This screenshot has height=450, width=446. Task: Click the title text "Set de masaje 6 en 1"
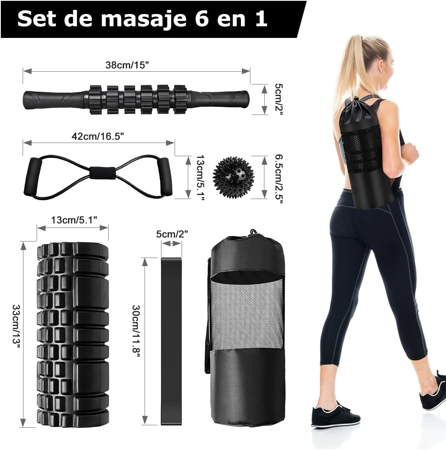[x=142, y=19]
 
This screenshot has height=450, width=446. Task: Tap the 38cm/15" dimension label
[x=127, y=65]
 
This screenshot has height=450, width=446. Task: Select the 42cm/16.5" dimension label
[x=98, y=136]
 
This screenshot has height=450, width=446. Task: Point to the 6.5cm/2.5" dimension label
[x=279, y=179]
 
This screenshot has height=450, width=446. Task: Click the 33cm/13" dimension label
[x=16, y=326]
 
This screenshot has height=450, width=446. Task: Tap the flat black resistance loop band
[x=171, y=341]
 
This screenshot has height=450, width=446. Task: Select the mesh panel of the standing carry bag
[x=247, y=315]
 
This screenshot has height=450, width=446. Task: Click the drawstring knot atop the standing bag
[x=253, y=232]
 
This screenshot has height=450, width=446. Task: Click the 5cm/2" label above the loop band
[x=172, y=234]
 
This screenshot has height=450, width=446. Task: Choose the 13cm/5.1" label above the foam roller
[x=74, y=220]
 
